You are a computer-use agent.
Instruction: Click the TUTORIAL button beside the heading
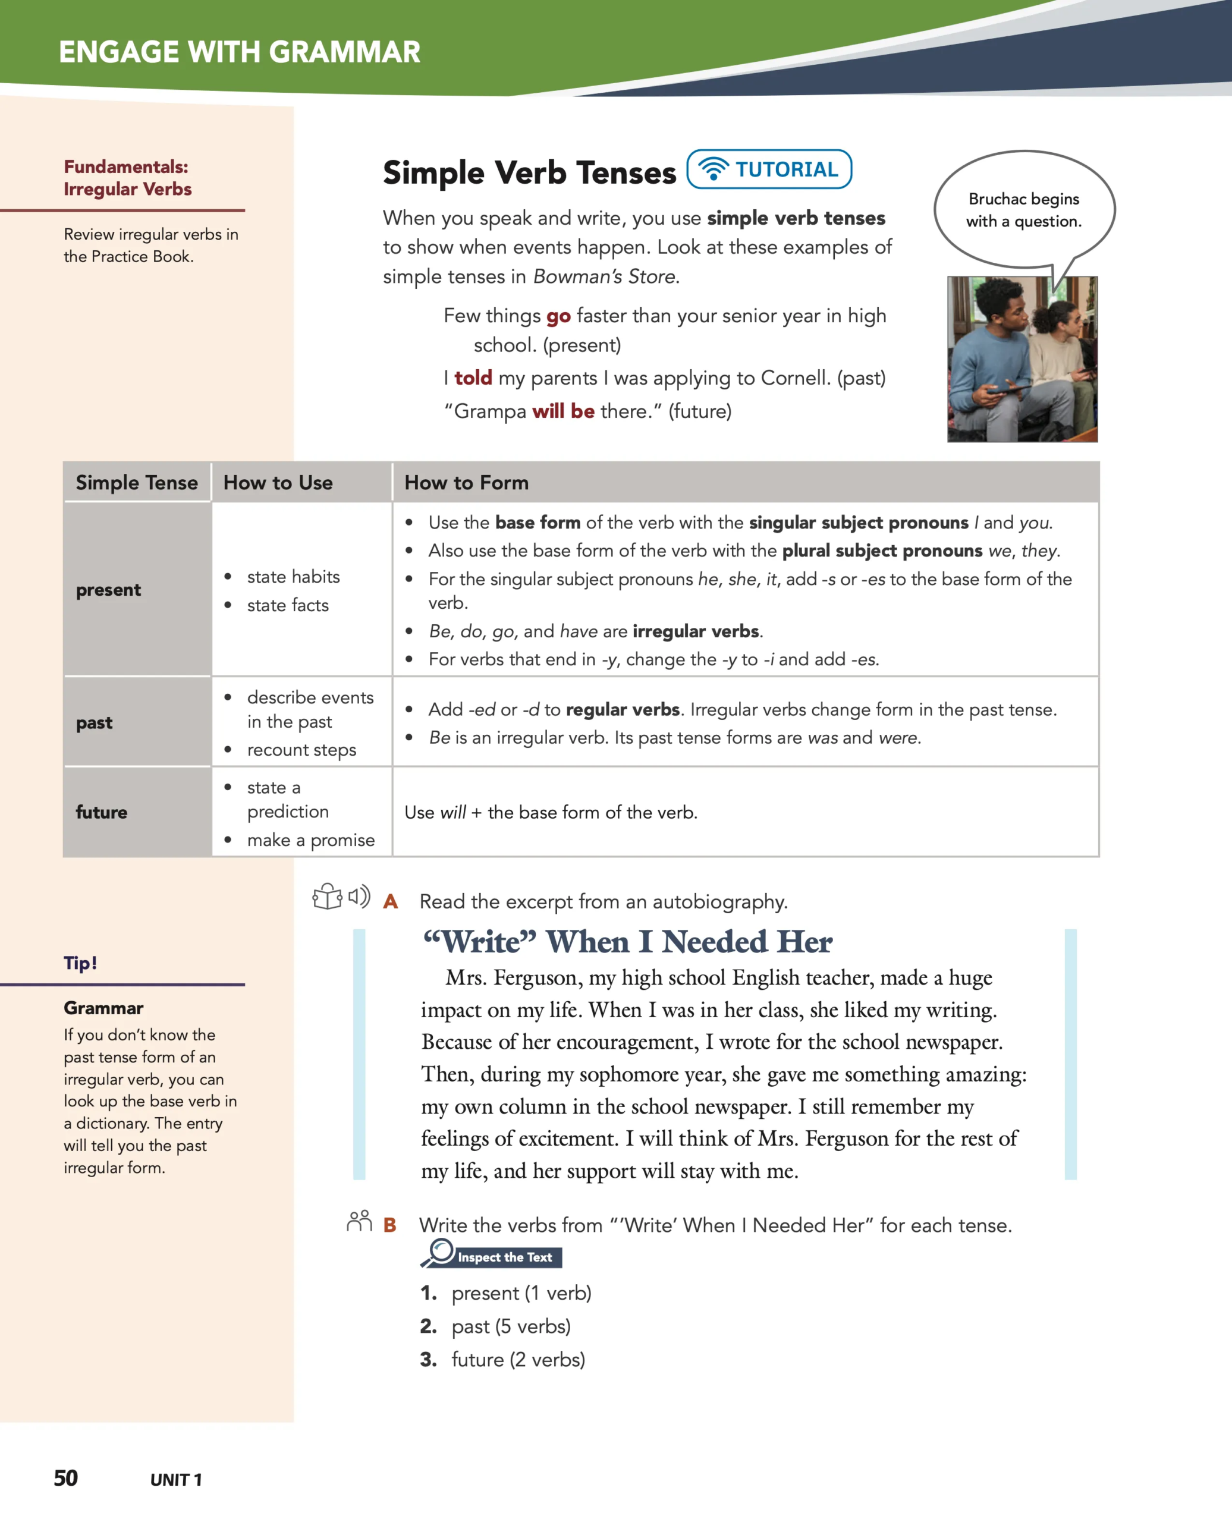(x=769, y=169)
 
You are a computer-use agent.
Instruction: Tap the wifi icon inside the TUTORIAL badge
(x=714, y=169)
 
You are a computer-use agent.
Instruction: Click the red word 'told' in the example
(x=473, y=378)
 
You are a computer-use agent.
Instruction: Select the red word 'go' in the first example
(x=558, y=316)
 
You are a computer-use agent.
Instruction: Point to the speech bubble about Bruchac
(x=1023, y=209)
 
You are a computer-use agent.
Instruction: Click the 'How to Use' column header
(x=278, y=483)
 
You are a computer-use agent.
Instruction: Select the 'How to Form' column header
(x=466, y=483)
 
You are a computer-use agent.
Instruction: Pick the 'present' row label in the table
(x=109, y=590)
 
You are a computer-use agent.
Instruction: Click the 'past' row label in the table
(x=95, y=722)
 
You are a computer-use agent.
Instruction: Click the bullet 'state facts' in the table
(x=287, y=605)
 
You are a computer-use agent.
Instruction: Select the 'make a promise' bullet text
(x=310, y=840)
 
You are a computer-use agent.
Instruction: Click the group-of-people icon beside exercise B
(x=359, y=1221)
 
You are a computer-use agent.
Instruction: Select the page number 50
(x=66, y=1478)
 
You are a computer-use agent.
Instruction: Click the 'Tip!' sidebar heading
(x=80, y=963)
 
